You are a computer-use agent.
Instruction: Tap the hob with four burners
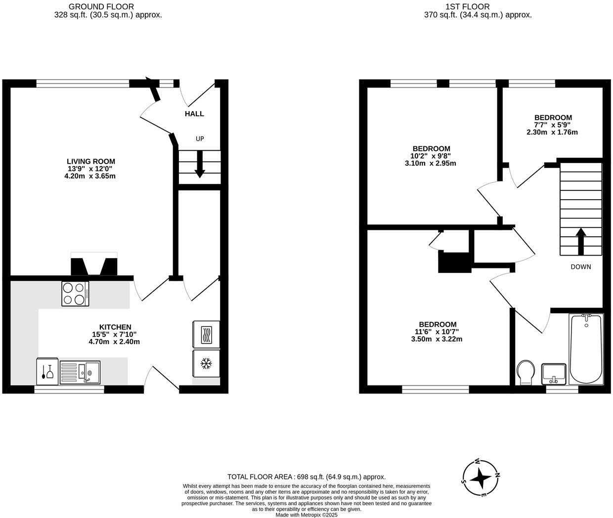click(75, 294)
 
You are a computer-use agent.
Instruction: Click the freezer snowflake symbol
click(206, 364)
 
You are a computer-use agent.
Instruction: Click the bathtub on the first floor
click(586, 349)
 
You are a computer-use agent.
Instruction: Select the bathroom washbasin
click(554, 374)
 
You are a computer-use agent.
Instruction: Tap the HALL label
click(194, 114)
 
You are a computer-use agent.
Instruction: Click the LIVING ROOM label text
click(91, 161)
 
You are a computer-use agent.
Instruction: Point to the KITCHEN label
click(115, 327)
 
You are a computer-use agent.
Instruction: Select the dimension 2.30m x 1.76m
click(552, 132)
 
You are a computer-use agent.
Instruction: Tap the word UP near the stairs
click(200, 139)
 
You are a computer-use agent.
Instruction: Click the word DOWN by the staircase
click(580, 267)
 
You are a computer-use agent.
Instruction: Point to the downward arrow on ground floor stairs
click(200, 164)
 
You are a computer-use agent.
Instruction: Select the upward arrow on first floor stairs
click(581, 240)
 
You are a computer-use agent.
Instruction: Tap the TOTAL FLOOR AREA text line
click(306, 477)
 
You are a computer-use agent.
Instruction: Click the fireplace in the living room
click(94, 265)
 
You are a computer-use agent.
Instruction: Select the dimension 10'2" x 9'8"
click(431, 156)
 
